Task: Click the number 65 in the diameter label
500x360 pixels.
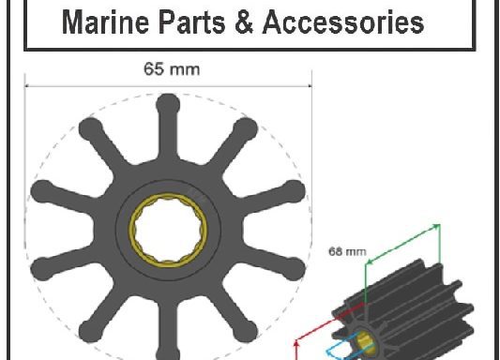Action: (x=153, y=68)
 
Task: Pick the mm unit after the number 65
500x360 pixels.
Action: (x=184, y=68)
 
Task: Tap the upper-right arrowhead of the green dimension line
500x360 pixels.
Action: (x=437, y=226)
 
